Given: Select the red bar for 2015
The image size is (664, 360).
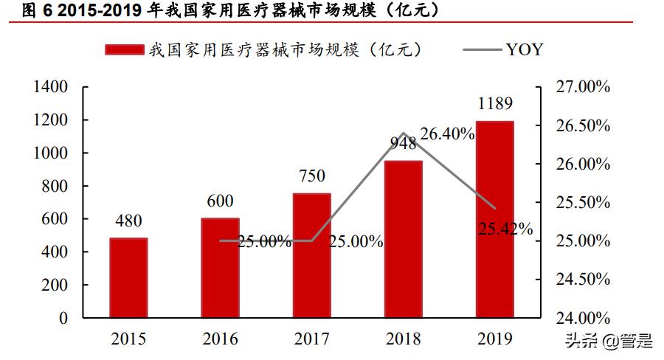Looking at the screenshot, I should (x=128, y=278).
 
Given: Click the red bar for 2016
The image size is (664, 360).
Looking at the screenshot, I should (x=220, y=269).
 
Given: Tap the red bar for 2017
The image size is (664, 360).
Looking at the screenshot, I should (x=311, y=256).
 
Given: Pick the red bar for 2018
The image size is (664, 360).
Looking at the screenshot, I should (x=403, y=240).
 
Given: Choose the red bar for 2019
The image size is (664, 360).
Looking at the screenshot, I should (x=494, y=220).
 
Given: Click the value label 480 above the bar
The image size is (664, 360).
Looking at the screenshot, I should (x=128, y=221).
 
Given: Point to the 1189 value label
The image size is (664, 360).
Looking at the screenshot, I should (x=494, y=103).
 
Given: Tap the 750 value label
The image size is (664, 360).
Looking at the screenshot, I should (x=311, y=176).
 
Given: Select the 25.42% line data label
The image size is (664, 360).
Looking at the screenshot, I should (x=505, y=228).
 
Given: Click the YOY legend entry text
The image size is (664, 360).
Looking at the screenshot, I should (x=525, y=49).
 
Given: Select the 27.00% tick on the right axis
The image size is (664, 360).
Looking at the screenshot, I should (x=582, y=87).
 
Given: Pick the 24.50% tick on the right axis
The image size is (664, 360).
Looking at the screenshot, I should (x=582, y=280).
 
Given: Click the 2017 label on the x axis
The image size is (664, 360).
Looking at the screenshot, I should (x=311, y=339).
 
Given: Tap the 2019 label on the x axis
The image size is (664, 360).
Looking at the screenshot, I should (x=494, y=339).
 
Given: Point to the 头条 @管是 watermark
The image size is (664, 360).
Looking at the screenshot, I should (x=609, y=341).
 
